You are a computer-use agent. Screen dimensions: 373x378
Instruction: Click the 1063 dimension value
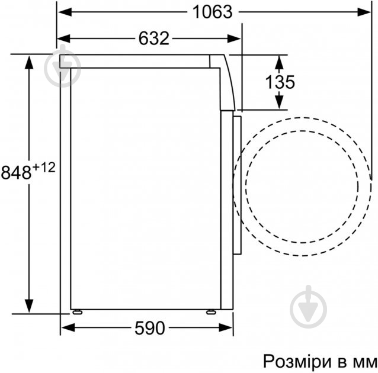(x=212, y=12)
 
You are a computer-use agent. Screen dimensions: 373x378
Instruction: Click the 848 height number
(x=16, y=173)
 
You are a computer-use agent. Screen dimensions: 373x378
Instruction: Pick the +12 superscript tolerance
(x=43, y=168)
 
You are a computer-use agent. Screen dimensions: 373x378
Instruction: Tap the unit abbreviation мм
(x=363, y=361)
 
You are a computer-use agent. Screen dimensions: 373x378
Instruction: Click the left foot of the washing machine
(x=76, y=311)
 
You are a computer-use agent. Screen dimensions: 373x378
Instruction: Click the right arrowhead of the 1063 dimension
(x=361, y=12)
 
